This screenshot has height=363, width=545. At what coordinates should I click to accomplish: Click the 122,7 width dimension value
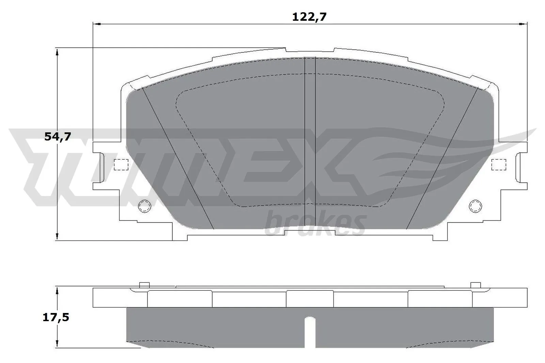point(309,17)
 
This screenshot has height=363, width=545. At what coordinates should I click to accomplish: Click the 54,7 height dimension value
point(58,137)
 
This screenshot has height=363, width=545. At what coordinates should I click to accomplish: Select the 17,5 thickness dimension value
point(56,317)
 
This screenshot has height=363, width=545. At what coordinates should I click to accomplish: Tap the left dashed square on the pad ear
point(121,165)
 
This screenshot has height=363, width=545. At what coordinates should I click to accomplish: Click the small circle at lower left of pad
point(144,206)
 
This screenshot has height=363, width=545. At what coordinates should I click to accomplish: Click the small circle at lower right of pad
point(476,206)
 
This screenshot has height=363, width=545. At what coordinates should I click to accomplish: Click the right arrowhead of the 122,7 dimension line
point(523,24)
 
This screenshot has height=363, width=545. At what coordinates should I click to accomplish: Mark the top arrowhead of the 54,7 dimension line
point(58,51)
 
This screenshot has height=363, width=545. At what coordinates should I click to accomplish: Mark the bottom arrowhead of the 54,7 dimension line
point(58,237)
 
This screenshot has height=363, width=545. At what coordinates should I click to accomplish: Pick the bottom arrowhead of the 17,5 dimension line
point(58,344)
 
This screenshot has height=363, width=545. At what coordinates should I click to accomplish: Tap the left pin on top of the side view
point(144,285)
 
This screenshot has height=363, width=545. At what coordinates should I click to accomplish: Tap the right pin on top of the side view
point(475,285)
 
